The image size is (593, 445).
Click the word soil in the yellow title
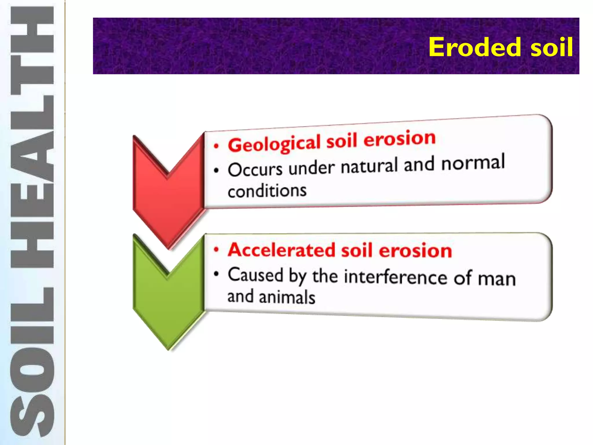(x=551, y=47)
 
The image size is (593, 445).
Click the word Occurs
(x=255, y=169)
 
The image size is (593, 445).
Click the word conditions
(x=267, y=191)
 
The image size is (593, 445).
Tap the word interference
(x=396, y=277)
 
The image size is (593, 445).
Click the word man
(x=497, y=279)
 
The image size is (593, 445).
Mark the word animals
(x=287, y=298)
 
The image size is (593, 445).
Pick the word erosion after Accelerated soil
(x=415, y=251)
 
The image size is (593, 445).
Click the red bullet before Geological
(x=216, y=146)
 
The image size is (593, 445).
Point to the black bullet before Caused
(x=216, y=274)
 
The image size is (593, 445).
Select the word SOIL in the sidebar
(x=32, y=362)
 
